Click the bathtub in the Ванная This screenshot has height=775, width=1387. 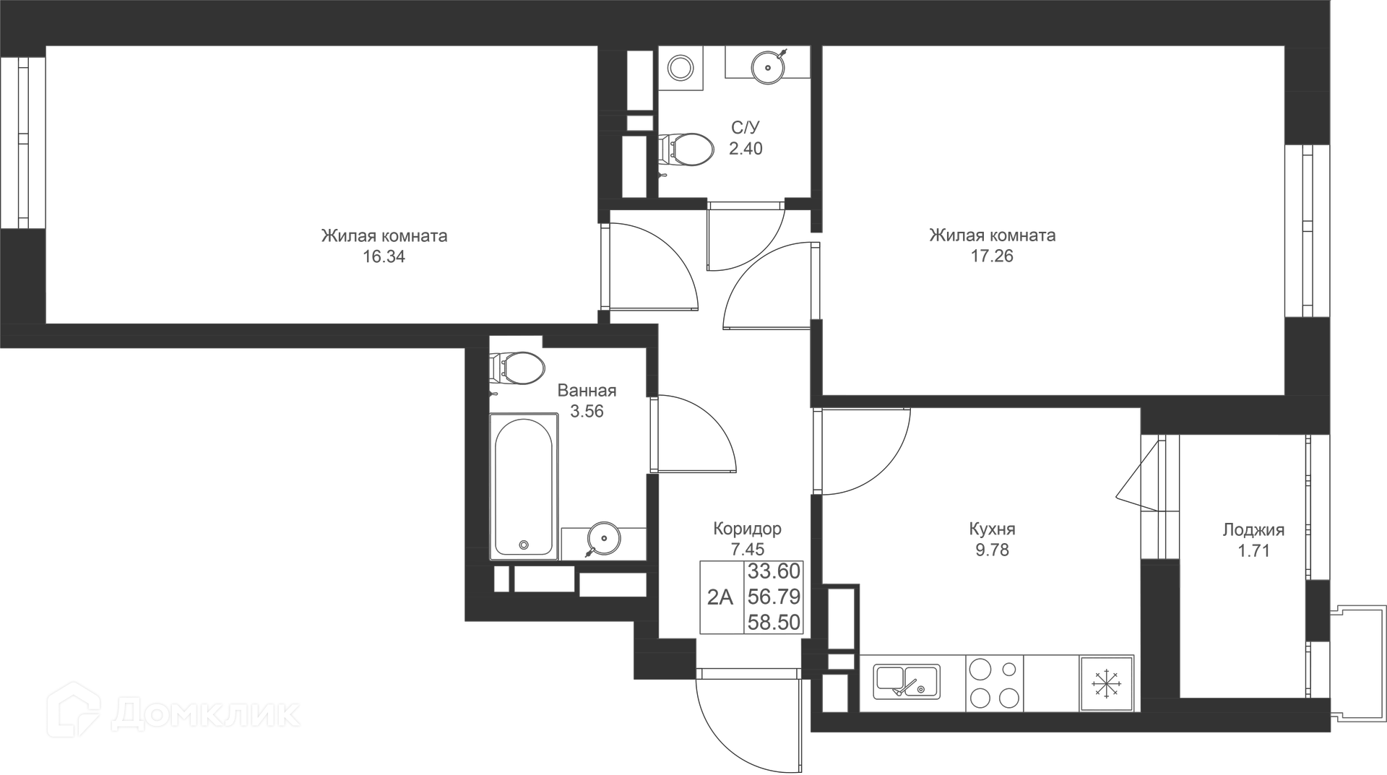(524, 486)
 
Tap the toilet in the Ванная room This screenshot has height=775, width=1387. (517, 368)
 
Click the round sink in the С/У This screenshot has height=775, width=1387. (767, 67)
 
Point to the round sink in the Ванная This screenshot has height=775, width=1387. (602, 537)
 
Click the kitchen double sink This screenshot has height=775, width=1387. (907, 682)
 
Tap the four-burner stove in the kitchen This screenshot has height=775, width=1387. (995, 683)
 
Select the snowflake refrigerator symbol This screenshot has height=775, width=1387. (1106, 683)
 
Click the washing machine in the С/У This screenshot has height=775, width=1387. (680, 69)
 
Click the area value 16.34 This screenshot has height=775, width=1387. (384, 256)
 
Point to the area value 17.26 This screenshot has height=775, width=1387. (992, 256)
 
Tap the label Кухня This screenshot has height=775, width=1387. (992, 529)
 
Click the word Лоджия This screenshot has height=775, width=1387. (1253, 530)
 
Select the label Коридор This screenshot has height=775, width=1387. (747, 529)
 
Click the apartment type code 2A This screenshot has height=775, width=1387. (720, 597)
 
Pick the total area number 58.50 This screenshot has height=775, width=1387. (774, 623)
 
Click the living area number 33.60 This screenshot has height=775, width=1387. (774, 571)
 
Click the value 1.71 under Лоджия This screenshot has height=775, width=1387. (1253, 550)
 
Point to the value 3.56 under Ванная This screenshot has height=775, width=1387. (587, 411)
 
